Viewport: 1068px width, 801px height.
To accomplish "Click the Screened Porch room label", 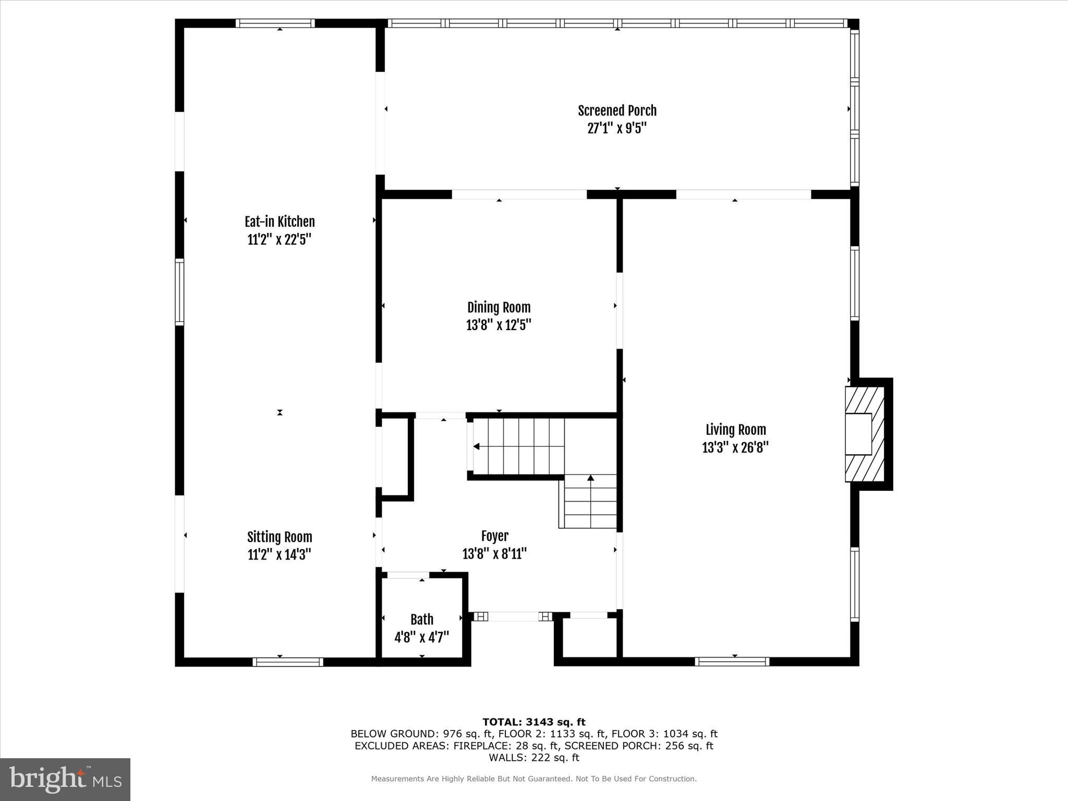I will point(617,111).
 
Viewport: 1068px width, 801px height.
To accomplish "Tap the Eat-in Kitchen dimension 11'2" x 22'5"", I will point(280,240).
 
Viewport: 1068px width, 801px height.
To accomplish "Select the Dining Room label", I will point(499,307).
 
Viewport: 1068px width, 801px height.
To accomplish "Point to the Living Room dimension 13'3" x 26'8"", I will point(735,448).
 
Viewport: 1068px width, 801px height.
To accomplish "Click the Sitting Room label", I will point(280,537).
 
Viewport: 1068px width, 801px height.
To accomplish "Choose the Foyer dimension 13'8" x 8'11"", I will point(494,554).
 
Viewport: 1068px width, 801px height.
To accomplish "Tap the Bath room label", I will point(421,620).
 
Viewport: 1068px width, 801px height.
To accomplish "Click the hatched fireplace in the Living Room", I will point(864,434).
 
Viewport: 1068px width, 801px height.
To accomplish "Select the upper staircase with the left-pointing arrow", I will point(518,446).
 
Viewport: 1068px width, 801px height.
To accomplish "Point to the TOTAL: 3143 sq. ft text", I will point(533,722).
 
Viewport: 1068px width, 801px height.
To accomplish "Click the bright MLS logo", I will point(65,779).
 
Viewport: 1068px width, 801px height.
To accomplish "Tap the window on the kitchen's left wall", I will point(179,292).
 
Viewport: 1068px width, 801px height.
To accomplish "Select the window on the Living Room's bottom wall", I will point(732,661).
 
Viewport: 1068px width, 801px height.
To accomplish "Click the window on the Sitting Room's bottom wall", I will point(288,662).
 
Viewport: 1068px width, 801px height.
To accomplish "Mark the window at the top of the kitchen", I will point(275,23).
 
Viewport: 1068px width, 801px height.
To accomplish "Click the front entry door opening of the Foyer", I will point(513,616).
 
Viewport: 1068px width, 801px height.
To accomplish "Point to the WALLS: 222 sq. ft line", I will point(533,758).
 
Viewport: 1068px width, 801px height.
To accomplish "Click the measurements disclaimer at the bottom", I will point(533,779).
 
